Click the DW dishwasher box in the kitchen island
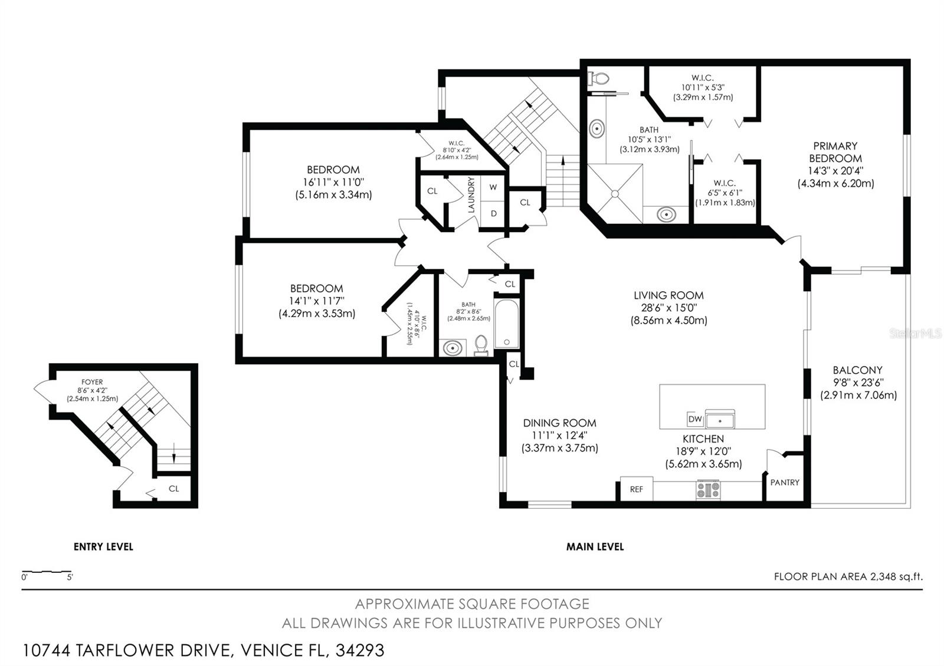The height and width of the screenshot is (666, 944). tap(694, 420)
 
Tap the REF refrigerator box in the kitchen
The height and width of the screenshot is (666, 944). tap(636, 489)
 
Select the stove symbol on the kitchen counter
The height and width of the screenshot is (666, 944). tap(708, 490)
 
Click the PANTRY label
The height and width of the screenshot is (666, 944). tap(785, 482)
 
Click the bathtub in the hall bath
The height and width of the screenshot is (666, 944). tap(506, 324)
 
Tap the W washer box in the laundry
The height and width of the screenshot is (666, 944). tap(493, 187)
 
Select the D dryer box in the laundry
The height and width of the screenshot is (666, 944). tap(493, 213)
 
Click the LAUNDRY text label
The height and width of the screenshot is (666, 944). tap(471, 195)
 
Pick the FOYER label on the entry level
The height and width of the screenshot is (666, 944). tap(92, 382)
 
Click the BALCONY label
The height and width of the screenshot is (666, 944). tap(857, 370)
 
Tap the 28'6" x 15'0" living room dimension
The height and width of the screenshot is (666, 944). tap(668, 308)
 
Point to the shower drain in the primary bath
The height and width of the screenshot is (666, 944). tap(615, 193)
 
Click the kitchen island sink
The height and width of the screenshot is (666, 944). tap(720, 421)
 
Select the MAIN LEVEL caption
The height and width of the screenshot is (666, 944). tap(595, 547)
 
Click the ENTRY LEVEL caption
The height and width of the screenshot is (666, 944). tap(103, 547)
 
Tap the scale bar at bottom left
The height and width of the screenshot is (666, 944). tap(47, 572)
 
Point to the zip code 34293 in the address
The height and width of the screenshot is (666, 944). tap(360, 651)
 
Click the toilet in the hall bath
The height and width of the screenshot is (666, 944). tap(481, 345)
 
